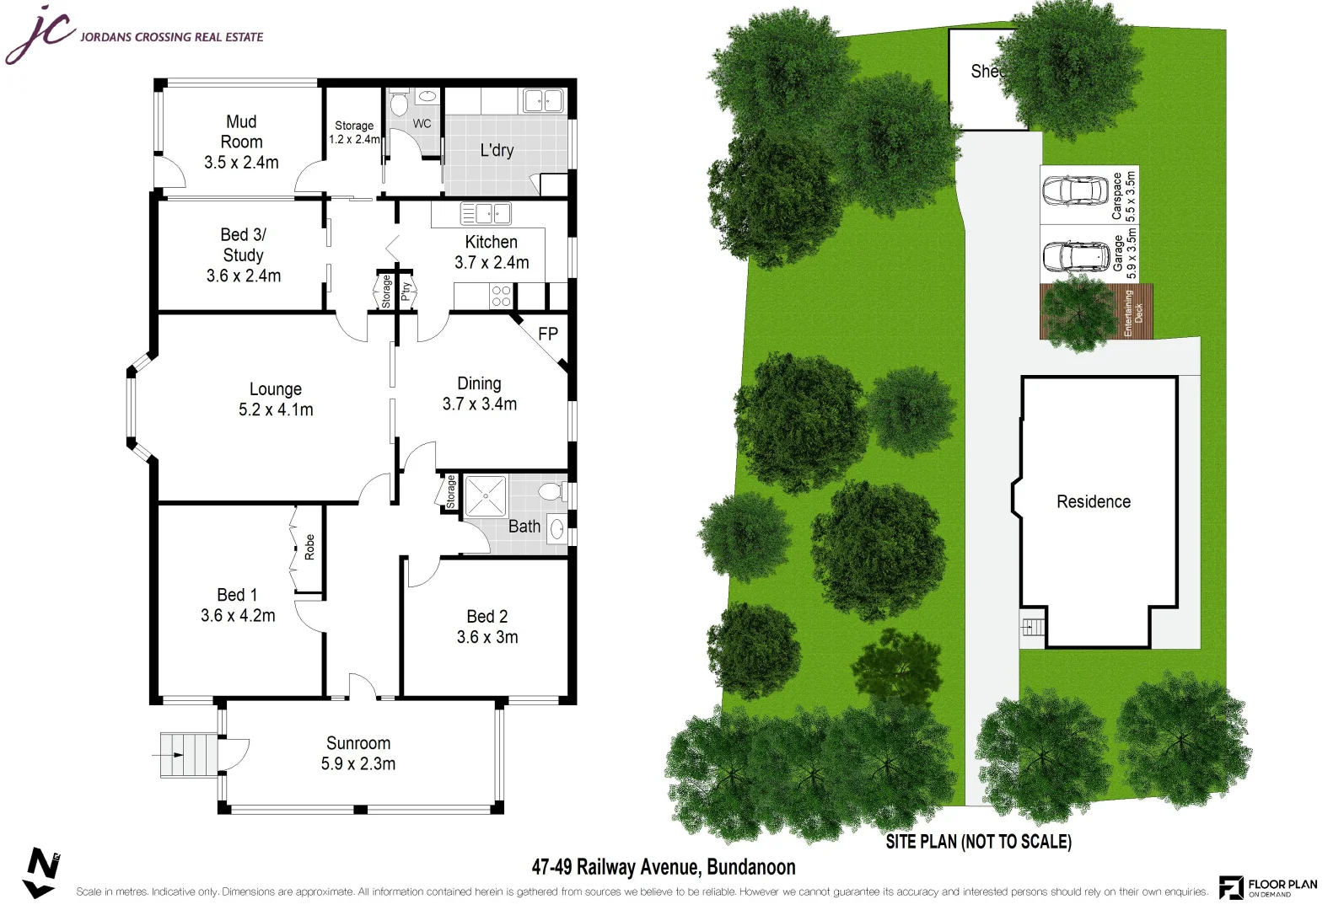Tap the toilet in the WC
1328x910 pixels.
point(399,104)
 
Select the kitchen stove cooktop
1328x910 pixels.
point(501,296)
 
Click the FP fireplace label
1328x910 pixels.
point(548,334)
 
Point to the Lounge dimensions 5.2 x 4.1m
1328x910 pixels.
point(276,410)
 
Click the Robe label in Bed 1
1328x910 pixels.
point(309,547)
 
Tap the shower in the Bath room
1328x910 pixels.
point(486,496)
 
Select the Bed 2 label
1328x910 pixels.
point(487,617)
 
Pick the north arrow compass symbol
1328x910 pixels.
point(40,872)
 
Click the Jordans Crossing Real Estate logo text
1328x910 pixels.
point(171,37)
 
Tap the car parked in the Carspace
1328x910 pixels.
point(1075,190)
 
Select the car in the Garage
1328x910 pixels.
point(1075,256)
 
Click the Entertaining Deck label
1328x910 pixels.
point(1133,313)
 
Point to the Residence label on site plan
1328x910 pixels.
point(1094,502)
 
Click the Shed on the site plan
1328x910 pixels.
point(982,76)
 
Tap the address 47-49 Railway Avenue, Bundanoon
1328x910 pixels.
point(664,867)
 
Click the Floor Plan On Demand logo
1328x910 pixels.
point(1268,886)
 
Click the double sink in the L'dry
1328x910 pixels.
point(543,101)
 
